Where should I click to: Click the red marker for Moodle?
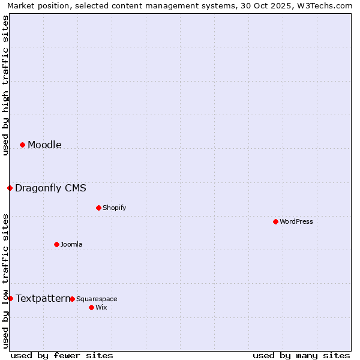(x=22, y=145)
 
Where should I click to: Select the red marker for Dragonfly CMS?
(x=10, y=188)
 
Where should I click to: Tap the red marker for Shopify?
(x=98, y=208)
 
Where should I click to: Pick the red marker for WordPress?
(x=275, y=221)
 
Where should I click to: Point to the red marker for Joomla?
(x=56, y=244)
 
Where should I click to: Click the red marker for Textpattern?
(x=10, y=298)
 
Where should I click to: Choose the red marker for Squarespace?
(x=72, y=299)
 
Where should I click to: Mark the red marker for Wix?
(x=91, y=307)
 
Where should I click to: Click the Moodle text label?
(x=44, y=145)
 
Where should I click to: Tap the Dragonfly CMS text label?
(x=50, y=188)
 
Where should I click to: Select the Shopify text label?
(x=114, y=208)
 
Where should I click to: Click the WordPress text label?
(x=296, y=221)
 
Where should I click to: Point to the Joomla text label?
(x=71, y=244)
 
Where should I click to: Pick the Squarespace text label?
(x=97, y=299)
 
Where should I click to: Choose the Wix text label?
(x=101, y=307)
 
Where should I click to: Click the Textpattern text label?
(x=42, y=298)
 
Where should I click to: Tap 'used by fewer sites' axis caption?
(x=62, y=355)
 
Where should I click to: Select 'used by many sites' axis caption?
(x=301, y=355)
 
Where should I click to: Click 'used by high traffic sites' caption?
(x=5, y=86)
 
